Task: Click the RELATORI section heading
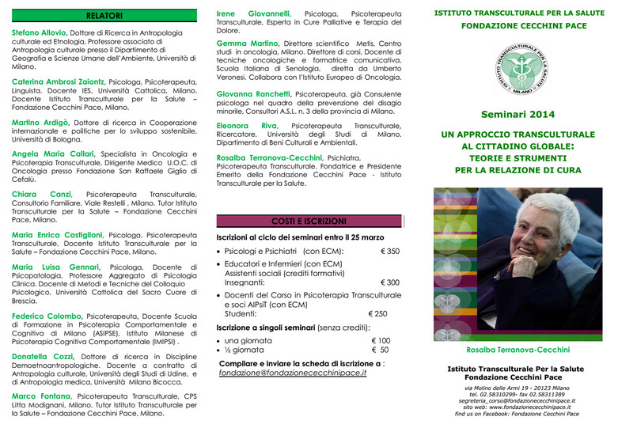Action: [x=104, y=15]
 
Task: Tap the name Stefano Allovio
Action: [x=39, y=32]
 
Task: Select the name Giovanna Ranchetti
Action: [x=253, y=93]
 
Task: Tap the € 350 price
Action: [x=390, y=251]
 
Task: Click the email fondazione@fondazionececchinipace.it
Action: [x=293, y=372]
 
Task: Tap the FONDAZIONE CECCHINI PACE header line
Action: [x=518, y=25]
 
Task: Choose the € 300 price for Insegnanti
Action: [x=390, y=282]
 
